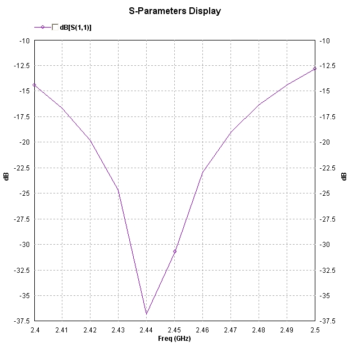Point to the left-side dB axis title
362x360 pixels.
pos(7,177)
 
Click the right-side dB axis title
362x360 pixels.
pos(343,177)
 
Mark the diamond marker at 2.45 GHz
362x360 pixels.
pos(175,251)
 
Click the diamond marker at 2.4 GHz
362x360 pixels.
pos(34,85)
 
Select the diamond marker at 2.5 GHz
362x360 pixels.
pos(315,69)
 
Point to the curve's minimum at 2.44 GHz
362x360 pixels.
pos(147,314)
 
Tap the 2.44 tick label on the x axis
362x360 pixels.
pos(147,329)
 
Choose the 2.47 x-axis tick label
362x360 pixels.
pos(230,329)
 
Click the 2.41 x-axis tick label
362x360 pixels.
pos(62,329)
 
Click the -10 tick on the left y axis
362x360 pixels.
pos(25,40)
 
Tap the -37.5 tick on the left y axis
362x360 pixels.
pos(21,321)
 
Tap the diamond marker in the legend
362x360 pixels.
pos(43,27)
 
